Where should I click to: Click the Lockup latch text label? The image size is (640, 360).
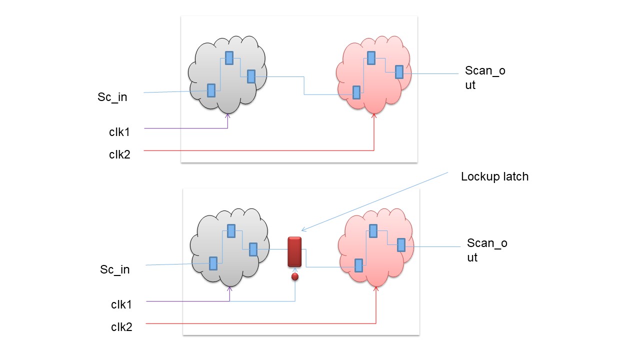(x=494, y=176)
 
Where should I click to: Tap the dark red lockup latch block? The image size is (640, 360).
(x=294, y=252)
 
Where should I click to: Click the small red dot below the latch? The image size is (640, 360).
(x=295, y=276)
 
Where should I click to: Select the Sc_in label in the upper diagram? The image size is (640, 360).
(x=112, y=97)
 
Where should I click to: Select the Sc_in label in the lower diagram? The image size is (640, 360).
(x=114, y=269)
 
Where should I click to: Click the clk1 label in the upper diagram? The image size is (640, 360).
(x=119, y=132)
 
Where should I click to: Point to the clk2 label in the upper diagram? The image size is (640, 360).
(x=119, y=154)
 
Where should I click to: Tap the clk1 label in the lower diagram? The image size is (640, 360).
(x=121, y=304)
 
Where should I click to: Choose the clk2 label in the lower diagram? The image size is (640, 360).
(x=121, y=327)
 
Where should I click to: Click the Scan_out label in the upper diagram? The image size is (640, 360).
(x=485, y=77)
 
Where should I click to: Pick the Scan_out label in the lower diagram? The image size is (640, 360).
(x=487, y=250)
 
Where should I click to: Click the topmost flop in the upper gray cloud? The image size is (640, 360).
(x=229, y=58)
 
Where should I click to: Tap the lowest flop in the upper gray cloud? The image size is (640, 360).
(x=211, y=90)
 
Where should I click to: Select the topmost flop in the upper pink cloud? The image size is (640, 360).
(x=371, y=58)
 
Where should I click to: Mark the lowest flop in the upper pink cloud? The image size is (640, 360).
(x=356, y=92)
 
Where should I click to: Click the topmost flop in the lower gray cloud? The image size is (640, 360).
(x=231, y=230)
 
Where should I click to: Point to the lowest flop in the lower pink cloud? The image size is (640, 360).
(x=358, y=265)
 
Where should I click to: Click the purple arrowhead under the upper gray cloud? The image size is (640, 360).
(x=228, y=116)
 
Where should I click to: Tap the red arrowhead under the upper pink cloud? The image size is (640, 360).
(x=374, y=116)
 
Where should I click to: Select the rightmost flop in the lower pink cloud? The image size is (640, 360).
(x=401, y=244)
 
